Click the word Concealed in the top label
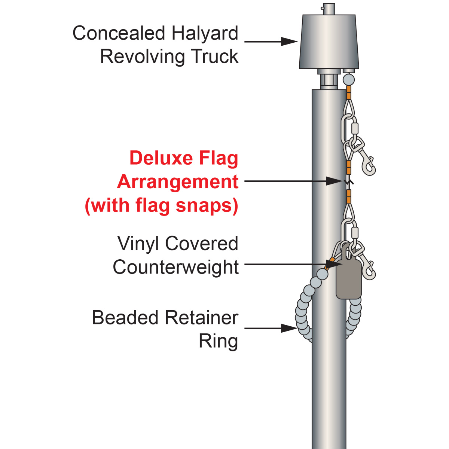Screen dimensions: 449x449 [119, 33]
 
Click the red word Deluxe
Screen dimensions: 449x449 [161, 158]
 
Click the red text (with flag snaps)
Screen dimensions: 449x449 [162, 206]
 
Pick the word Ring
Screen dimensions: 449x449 [218, 342]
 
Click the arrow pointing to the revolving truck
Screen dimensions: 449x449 [271, 42]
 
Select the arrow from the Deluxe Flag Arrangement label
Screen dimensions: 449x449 [293, 181]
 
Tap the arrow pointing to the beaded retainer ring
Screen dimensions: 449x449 [271, 328]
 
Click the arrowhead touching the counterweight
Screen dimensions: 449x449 [334, 265]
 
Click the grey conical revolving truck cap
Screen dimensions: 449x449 [329, 42]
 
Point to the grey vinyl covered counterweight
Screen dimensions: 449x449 [349, 273]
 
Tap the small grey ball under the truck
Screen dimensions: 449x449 [349, 80]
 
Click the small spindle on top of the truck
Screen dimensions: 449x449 [329, 9]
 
